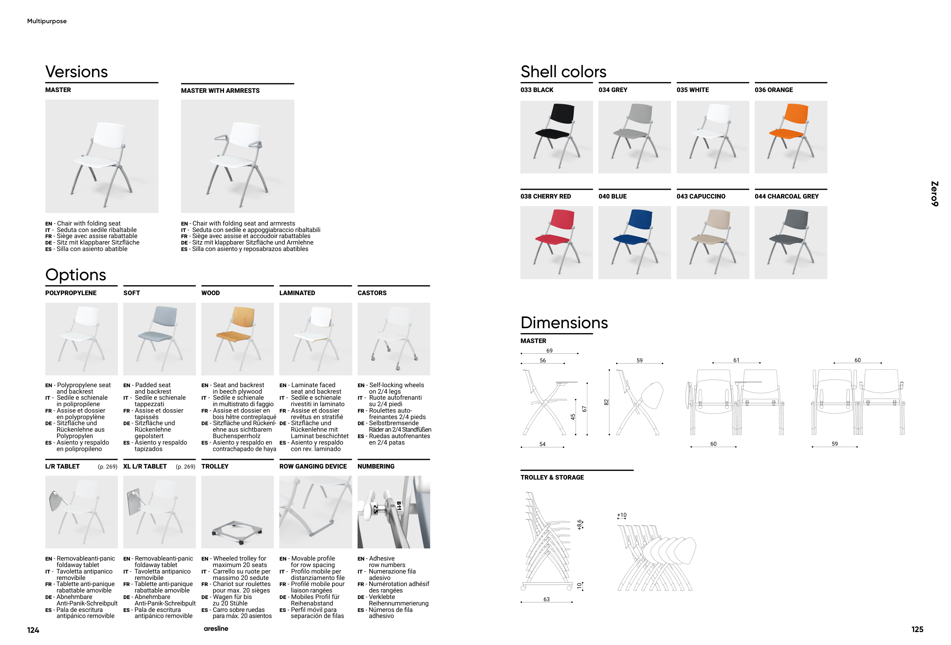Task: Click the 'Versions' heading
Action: pos(76,71)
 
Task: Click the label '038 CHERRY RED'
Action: pos(545,196)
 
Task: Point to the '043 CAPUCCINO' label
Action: pos(701,196)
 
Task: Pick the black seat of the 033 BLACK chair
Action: pos(552,133)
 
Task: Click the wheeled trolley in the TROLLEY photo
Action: pos(237,532)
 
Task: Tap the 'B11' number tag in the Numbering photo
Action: pos(399,506)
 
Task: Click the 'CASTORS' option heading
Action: pos(372,293)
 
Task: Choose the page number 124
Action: pos(33,630)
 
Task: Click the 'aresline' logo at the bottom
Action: pos(216,629)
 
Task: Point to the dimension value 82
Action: pos(606,402)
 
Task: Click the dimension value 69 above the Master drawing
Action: pos(550,351)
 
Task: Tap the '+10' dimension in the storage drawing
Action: pos(622,515)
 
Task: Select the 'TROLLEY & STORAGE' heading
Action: pos(552,477)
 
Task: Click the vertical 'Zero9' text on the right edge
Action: pos(934,194)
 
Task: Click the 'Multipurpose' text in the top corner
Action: pos(47,21)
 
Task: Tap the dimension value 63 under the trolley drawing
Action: pos(546,599)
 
